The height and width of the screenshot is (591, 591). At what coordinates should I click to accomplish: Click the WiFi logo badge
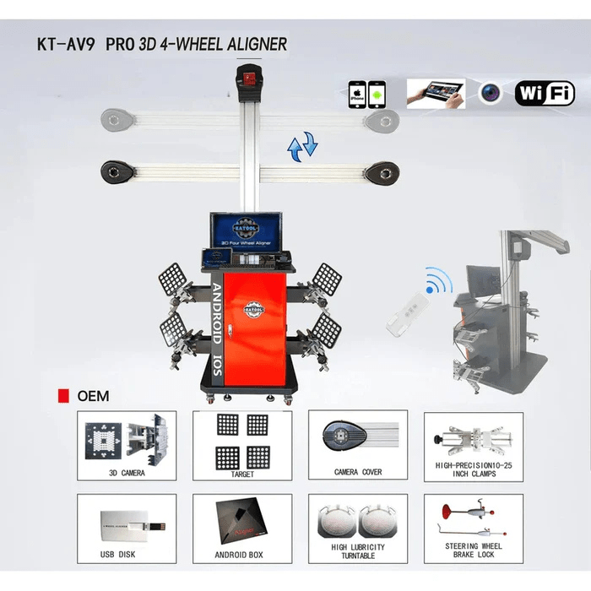[545, 92]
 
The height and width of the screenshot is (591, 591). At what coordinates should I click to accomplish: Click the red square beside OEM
[62, 394]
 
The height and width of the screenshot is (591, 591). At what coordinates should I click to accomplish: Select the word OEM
[93, 394]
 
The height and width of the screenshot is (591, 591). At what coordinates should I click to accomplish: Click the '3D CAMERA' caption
[126, 473]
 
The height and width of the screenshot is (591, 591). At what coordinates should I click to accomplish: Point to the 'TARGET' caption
[241, 473]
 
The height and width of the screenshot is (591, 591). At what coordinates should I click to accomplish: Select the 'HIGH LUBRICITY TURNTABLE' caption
[357, 551]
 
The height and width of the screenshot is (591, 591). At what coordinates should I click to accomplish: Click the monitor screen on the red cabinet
[245, 231]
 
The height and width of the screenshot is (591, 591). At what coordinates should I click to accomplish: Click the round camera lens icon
[491, 93]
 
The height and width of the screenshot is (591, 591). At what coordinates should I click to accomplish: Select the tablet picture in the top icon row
[436, 92]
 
